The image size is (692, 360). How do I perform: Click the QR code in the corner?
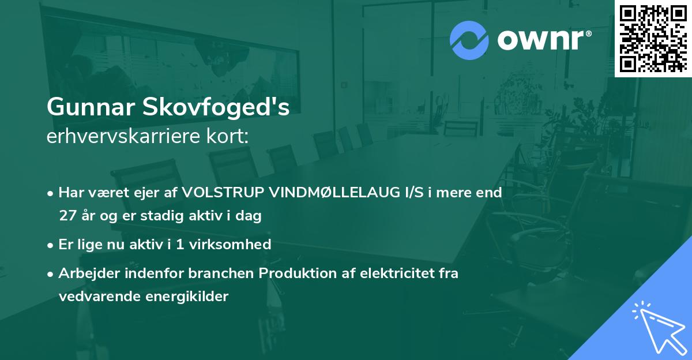coord(653,38)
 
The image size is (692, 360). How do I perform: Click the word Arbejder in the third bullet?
coord(85,273)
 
